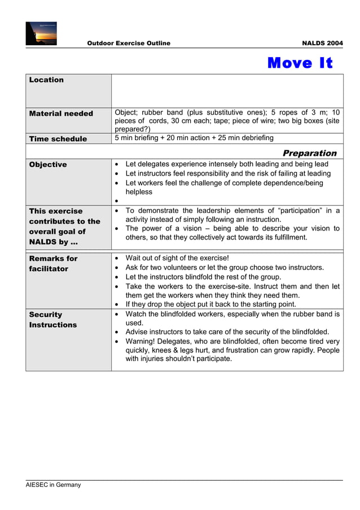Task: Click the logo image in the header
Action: pyautogui.click(x=41, y=33)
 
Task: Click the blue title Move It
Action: pyautogui.click(x=300, y=63)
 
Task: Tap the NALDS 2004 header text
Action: pyautogui.click(x=322, y=43)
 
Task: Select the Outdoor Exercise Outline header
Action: pyautogui.click(x=129, y=43)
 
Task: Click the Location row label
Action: pyautogui.click(x=46, y=80)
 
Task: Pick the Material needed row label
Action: pyautogui.click(x=61, y=114)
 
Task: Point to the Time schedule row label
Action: pyautogui.click(x=58, y=139)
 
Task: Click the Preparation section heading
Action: pyautogui.click(x=309, y=153)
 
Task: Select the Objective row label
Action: pyautogui.click(x=48, y=165)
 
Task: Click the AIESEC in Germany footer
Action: pyautogui.click(x=54, y=485)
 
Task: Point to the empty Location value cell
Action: pyautogui.click(x=227, y=90)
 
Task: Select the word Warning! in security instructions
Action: pyautogui.click(x=142, y=341)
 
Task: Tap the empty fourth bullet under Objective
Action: pyautogui.click(x=116, y=201)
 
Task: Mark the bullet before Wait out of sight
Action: pyautogui.click(x=116, y=259)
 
